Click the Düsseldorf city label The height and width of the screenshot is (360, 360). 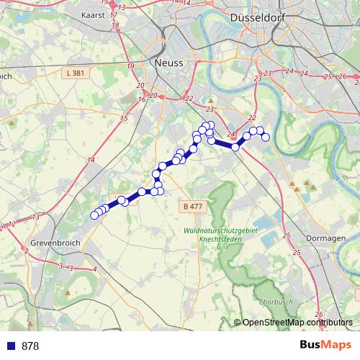(256, 19)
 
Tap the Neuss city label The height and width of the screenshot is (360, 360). (168, 63)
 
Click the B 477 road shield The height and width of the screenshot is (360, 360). (192, 207)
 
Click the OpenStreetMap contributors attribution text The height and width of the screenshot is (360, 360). (297, 323)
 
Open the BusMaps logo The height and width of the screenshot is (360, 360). (325, 345)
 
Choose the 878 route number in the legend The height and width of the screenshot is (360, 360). (30, 346)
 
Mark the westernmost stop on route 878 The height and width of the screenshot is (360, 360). (94, 215)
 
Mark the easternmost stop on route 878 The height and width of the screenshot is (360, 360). (265, 137)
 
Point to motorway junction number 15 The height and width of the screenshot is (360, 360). (124, 118)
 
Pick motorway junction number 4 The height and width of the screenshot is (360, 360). (94, 269)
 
